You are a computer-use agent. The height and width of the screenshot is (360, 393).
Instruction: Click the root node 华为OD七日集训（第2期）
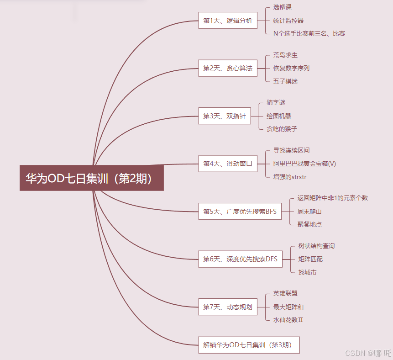[x=91, y=178]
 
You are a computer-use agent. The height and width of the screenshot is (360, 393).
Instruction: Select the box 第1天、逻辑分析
[x=227, y=21]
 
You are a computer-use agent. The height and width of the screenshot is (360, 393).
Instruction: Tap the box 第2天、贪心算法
[x=227, y=68]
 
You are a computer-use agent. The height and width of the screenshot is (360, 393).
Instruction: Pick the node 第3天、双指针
[x=224, y=116]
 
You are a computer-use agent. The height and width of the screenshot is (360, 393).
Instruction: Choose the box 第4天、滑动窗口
[x=227, y=164]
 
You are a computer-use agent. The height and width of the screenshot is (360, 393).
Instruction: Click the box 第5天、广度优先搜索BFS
[x=240, y=212]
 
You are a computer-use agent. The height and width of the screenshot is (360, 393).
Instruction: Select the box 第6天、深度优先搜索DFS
[x=240, y=259]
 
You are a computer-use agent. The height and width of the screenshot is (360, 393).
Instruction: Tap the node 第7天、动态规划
[x=227, y=307]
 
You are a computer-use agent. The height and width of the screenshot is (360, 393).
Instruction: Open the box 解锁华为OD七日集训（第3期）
[x=249, y=344]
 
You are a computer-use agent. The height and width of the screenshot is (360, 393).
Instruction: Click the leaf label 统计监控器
[x=288, y=21]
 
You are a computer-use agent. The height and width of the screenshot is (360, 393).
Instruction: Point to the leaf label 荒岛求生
[x=285, y=55]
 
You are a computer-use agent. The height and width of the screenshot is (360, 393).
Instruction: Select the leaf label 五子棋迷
[x=285, y=81]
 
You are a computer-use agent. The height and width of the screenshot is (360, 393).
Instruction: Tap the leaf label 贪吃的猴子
[x=282, y=129]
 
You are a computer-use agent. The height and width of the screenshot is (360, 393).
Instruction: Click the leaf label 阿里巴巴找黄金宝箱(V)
[x=304, y=164]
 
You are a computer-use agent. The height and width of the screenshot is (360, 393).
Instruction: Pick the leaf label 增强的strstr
[x=290, y=176]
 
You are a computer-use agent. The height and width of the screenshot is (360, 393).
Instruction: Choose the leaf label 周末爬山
[x=309, y=211]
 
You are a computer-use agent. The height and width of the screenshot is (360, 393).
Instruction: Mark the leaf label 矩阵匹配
[x=310, y=259]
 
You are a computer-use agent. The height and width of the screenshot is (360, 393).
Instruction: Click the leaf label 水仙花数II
[x=288, y=320]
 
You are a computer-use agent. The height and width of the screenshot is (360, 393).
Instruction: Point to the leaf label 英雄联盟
[x=285, y=293]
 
